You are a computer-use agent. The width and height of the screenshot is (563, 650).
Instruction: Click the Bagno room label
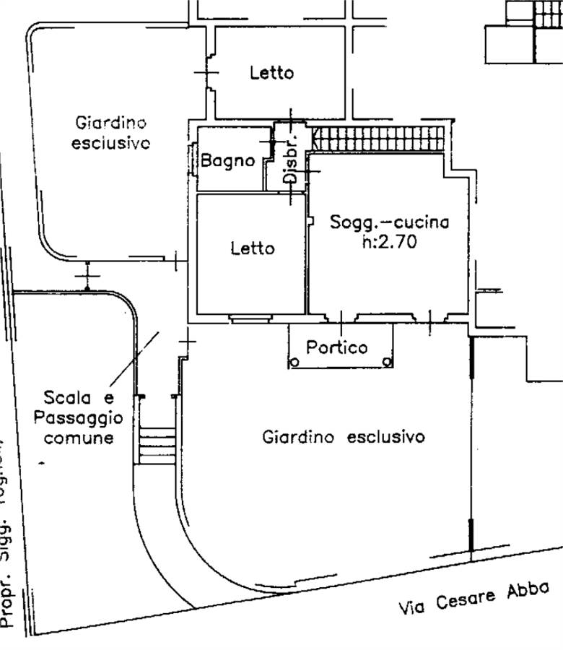point(227,161)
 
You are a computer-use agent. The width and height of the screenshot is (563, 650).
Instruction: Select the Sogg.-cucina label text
point(389,222)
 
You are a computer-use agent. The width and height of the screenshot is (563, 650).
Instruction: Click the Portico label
point(336,347)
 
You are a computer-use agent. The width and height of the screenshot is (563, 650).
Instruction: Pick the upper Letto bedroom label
point(271,73)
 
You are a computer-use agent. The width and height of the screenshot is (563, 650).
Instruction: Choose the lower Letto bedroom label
point(253,248)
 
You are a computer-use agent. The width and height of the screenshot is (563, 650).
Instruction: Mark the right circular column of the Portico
point(388,361)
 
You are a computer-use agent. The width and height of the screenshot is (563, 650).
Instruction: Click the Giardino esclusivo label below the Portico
point(343,437)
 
